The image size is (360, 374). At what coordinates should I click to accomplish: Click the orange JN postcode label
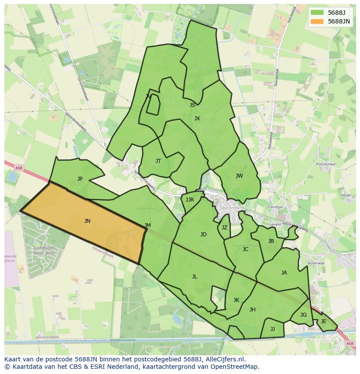[x=87, y=221]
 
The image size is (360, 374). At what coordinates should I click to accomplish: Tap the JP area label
[x=80, y=179]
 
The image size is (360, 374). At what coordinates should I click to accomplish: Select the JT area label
[x=158, y=161]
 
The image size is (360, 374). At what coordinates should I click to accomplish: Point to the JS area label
[x=192, y=105]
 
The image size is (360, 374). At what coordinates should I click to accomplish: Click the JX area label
[x=197, y=119]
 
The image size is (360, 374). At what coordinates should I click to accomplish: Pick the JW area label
[x=239, y=176]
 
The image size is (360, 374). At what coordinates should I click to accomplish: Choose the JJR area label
[x=190, y=200]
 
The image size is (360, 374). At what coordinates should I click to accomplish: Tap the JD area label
[x=203, y=235]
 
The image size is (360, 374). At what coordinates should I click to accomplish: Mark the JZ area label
[x=224, y=228]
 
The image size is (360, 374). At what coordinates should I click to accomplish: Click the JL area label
[x=194, y=277]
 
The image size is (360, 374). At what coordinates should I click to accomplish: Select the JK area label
[x=236, y=300]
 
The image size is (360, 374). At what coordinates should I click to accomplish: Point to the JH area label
[x=252, y=310]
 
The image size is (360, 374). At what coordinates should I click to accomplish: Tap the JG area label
[x=303, y=315]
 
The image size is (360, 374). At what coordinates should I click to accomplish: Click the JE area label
[x=323, y=321]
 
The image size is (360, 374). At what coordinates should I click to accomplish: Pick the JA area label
[x=284, y=273]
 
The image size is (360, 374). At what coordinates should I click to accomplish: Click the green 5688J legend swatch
[x=317, y=13]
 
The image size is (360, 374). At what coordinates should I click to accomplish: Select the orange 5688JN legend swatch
[x=317, y=21]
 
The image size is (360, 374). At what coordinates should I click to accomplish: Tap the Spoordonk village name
[x=233, y=208]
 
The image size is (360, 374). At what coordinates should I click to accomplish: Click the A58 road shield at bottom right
[x=350, y=344]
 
